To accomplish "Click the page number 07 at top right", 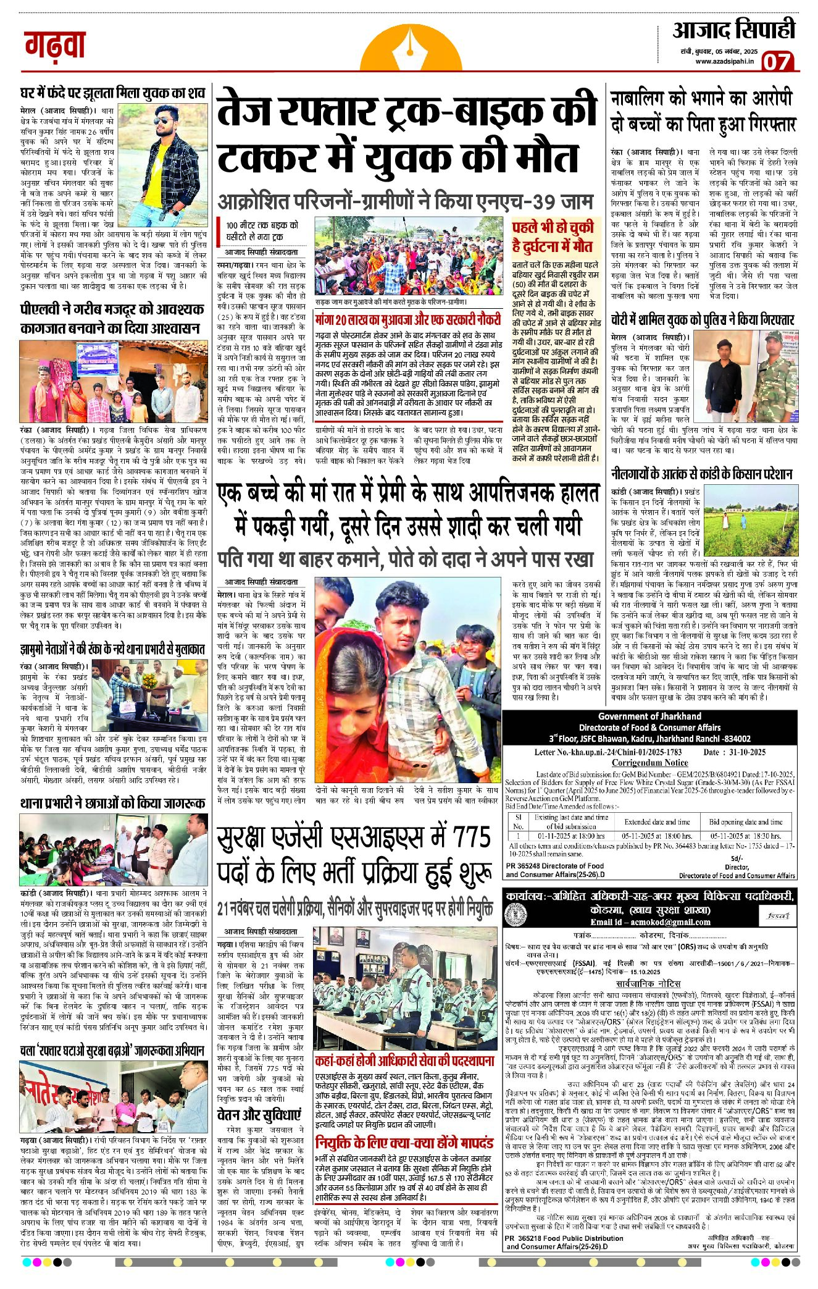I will [777, 62].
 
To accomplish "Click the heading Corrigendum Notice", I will [649, 763].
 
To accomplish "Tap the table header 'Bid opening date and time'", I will [745, 821].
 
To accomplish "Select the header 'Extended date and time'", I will [657, 821].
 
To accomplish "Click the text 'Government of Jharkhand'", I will [649, 716].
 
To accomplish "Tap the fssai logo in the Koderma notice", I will [778, 916].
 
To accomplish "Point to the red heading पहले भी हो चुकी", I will [553, 227].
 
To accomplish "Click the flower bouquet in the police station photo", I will [148, 680].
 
